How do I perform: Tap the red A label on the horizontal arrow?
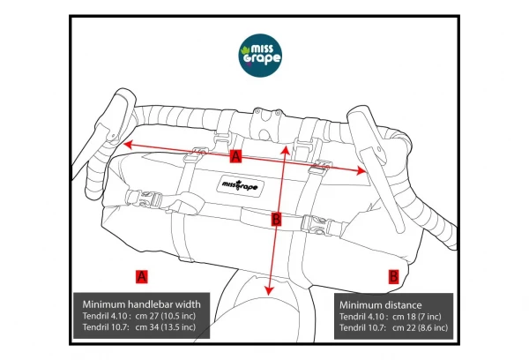(x=235, y=157)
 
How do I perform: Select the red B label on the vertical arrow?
(x=276, y=219)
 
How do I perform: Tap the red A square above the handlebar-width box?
(x=141, y=274)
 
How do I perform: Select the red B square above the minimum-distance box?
(x=393, y=274)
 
